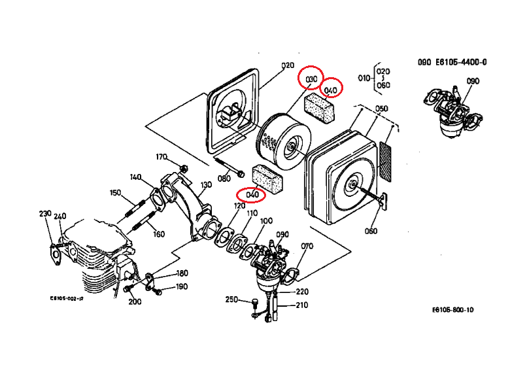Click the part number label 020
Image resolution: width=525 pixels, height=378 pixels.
point(288,65)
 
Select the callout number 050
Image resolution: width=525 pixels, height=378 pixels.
point(382,109)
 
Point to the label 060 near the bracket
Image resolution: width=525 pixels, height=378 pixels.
point(371,230)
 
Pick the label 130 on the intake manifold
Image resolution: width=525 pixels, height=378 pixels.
point(206,185)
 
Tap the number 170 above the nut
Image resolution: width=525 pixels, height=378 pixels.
point(161,157)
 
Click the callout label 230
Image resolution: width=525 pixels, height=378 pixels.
point(45,214)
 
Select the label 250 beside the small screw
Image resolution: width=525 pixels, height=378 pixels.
point(231,300)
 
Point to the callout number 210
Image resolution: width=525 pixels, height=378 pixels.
point(302,305)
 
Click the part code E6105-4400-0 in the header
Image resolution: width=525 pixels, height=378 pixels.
point(462,63)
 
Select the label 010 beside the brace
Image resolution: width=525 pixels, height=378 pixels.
point(364,77)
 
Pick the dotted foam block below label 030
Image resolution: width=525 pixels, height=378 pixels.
point(320,107)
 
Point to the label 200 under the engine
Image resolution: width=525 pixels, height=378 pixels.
point(135,301)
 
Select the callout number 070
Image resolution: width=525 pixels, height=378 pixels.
point(307,247)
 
